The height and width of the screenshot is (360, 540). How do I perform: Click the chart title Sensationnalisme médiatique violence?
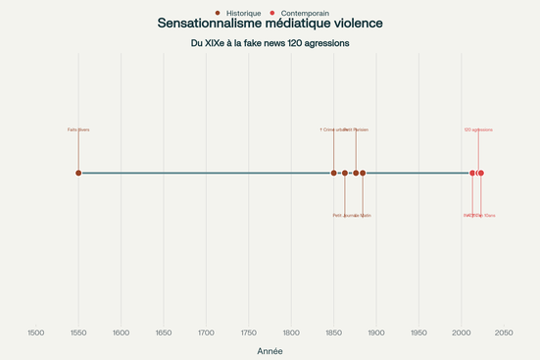[270, 23]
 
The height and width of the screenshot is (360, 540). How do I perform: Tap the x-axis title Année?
[270, 350]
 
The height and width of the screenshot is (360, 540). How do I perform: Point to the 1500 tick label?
[36, 334]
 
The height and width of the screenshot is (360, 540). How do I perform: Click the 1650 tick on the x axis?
[164, 334]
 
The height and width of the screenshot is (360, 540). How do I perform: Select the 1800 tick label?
[291, 334]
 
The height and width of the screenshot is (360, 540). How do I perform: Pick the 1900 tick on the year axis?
[376, 334]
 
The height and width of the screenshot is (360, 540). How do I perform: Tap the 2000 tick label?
[462, 334]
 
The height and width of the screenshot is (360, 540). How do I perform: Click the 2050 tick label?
[504, 334]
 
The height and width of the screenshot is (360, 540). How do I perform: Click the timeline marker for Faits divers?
[78, 173]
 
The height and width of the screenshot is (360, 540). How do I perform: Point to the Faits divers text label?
[78, 129]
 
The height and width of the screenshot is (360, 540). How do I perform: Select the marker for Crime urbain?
[334, 173]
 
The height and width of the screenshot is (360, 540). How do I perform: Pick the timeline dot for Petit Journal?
[345, 173]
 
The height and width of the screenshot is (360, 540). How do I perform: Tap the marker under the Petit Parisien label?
[356, 173]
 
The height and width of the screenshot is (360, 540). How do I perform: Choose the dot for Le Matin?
[363, 173]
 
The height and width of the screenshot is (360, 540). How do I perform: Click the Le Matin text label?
[364, 215]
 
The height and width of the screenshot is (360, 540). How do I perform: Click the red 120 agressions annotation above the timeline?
[478, 129]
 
